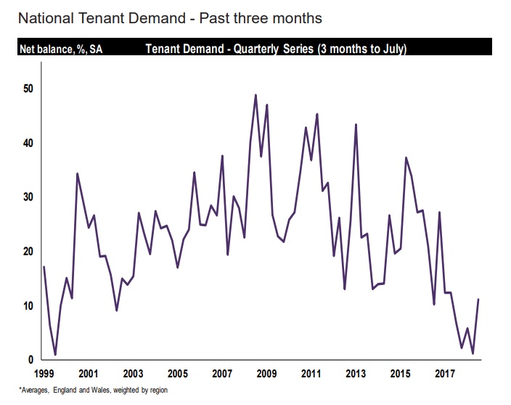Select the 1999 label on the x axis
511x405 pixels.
click(44, 374)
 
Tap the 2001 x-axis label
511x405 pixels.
click(88, 374)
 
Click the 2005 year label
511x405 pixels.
click(177, 374)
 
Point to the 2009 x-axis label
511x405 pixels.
click(266, 374)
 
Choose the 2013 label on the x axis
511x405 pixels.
click(356, 374)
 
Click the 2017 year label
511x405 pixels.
click(445, 374)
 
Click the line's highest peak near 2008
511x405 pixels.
click(255, 95)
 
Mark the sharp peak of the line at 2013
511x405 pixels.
click(356, 124)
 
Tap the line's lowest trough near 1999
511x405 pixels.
click(55, 355)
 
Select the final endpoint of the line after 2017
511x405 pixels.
click(478, 300)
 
